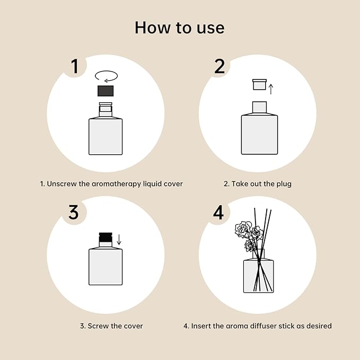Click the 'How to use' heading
tap(179, 27)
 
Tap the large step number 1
tap(75, 66)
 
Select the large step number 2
tap(219, 66)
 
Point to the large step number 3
tap(74, 212)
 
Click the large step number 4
tap(218, 212)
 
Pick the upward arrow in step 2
tap(271, 89)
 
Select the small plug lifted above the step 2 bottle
tap(259, 85)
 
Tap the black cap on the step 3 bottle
tap(106, 238)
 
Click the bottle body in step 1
tap(106, 136)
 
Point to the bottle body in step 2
tap(259, 135)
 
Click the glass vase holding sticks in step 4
tap(258, 276)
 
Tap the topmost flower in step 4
tap(244, 229)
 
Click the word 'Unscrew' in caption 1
tap(62, 184)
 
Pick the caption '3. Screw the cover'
tap(111, 326)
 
